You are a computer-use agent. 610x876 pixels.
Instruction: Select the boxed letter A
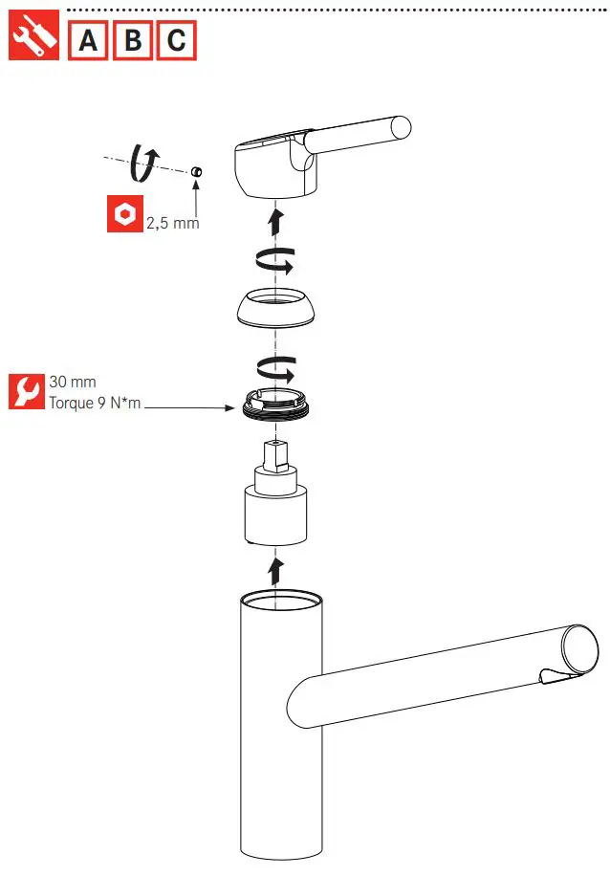pos(89,40)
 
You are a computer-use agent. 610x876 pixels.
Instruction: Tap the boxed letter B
pos(133,40)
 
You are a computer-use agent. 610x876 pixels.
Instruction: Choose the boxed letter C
pos(177,40)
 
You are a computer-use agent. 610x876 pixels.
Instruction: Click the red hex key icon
pos(123,215)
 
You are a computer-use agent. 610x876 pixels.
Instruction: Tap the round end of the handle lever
pos(400,127)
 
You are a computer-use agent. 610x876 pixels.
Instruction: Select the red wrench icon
pos(26,391)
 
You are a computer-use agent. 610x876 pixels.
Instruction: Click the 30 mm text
pos(73,382)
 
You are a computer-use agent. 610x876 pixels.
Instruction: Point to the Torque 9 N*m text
pos(95,403)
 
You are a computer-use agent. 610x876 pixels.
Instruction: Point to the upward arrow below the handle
pos(275,222)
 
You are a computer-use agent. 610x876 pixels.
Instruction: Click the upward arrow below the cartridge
pos(275,570)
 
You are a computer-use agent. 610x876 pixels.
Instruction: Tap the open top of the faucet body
pos(281,602)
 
